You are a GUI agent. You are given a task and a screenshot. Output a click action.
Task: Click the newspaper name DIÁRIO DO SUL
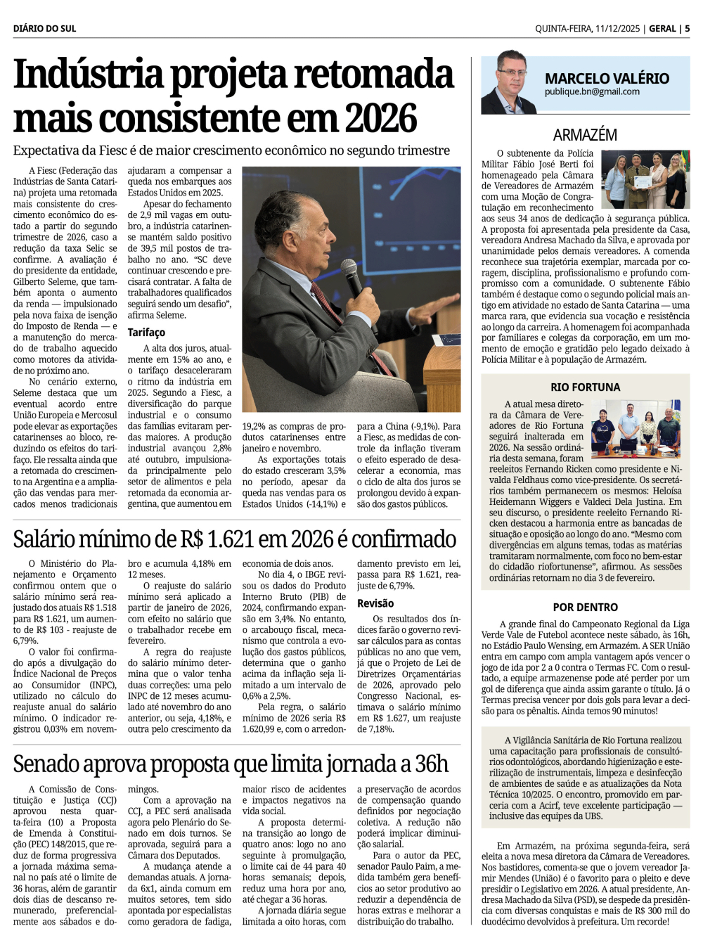click(44, 29)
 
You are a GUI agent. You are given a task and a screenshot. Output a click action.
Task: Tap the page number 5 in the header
click(687, 29)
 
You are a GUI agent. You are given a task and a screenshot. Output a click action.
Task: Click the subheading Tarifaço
click(146, 332)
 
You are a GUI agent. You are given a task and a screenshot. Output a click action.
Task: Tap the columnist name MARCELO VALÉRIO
click(607, 79)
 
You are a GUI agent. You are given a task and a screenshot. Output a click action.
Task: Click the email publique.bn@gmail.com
click(592, 92)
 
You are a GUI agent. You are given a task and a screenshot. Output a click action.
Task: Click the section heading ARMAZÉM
click(585, 134)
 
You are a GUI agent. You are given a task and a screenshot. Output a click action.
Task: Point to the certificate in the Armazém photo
click(642, 182)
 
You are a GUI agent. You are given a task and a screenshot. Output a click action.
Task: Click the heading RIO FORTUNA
click(585, 387)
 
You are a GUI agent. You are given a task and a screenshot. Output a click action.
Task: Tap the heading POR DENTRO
click(585, 608)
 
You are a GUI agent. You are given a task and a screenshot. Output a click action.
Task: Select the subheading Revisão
click(375, 603)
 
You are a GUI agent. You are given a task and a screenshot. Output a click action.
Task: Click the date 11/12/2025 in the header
click(617, 29)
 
